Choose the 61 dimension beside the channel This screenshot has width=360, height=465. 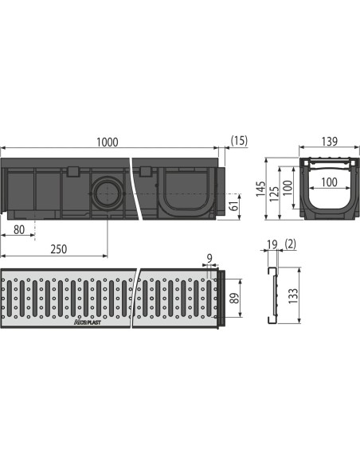tap(233, 208)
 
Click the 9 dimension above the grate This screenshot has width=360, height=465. tap(209, 259)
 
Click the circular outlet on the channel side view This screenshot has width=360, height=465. tap(106, 192)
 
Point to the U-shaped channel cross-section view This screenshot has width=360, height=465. tap(326, 190)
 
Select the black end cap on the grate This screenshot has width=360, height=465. tap(228, 299)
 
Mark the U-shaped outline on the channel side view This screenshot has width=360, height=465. tap(182, 195)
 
